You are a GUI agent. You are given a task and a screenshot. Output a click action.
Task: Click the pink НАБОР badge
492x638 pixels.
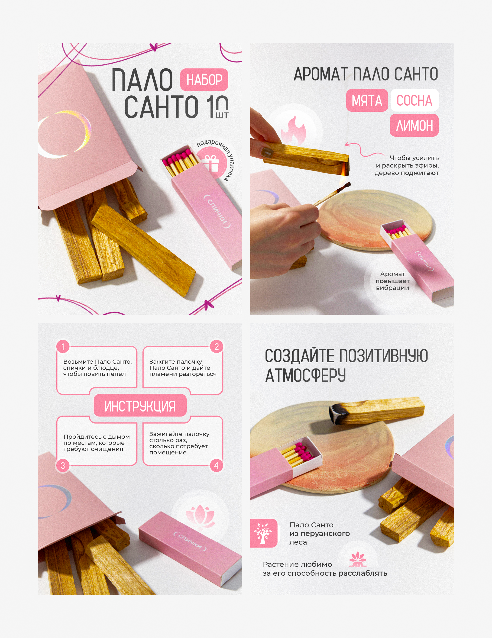point(204,79)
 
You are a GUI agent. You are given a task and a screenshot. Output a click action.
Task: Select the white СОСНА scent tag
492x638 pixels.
point(414,100)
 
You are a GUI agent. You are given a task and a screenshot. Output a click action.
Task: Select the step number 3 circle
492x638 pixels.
point(63,465)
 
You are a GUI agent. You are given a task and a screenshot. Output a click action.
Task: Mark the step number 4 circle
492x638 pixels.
point(216,465)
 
